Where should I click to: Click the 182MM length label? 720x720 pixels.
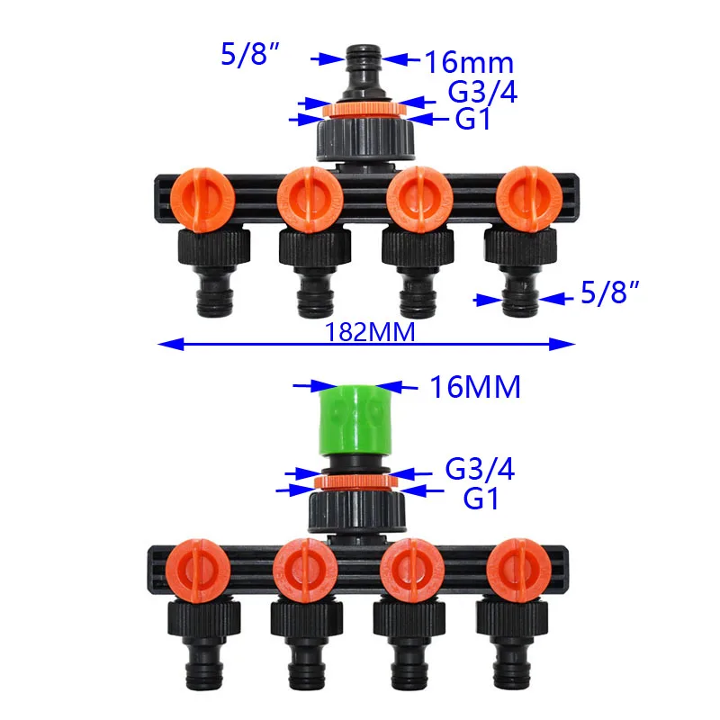click(x=370, y=332)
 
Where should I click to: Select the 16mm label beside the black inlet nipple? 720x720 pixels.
click(x=469, y=62)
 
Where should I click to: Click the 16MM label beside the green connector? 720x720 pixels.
click(x=475, y=387)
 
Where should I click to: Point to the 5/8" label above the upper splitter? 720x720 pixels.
click(x=250, y=54)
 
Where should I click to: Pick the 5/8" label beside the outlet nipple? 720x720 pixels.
click(x=610, y=292)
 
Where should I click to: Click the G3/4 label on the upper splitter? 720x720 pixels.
click(x=482, y=92)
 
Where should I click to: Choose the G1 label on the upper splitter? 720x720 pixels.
click(x=472, y=119)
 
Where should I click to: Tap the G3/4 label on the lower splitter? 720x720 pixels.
click(x=480, y=469)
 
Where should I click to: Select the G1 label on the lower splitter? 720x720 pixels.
click(x=481, y=499)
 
